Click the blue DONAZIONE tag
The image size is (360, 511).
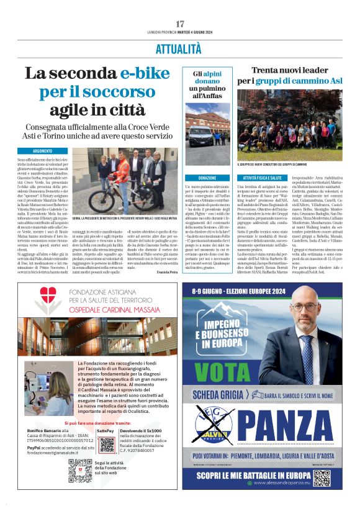coord(207,178)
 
